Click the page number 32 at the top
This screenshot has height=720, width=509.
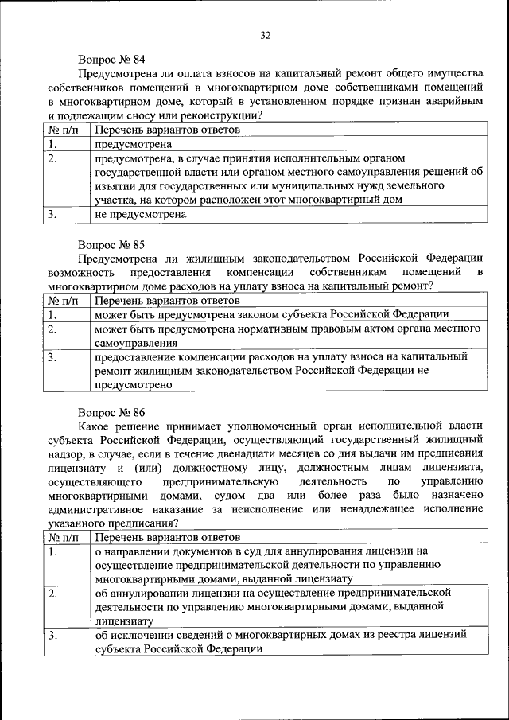266,34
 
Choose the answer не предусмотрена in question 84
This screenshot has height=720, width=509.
140,215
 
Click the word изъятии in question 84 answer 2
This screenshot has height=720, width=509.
113,186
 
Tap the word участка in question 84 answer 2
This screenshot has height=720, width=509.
115,200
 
